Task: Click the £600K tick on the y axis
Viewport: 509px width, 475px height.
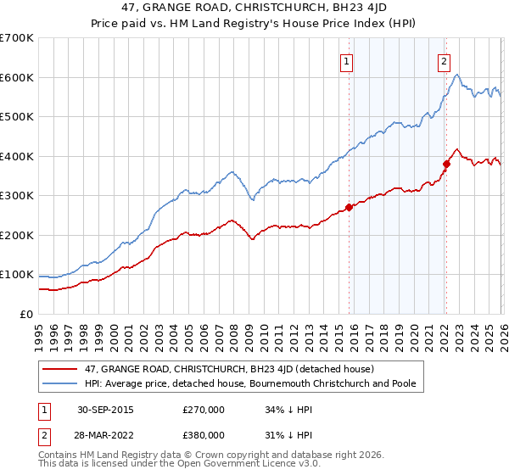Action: point(17,77)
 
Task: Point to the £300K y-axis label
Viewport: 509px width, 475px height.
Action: point(17,196)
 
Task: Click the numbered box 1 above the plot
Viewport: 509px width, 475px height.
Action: point(348,61)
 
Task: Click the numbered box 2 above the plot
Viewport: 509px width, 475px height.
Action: point(445,61)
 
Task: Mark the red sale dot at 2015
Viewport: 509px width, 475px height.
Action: point(349,207)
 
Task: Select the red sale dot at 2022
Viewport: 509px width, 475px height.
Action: point(445,164)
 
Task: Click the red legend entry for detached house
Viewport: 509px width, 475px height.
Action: point(225,369)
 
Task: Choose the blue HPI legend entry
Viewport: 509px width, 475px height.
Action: point(255,384)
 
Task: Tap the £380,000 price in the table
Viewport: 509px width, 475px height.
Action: point(204,433)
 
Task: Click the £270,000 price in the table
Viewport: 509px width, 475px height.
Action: point(204,410)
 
